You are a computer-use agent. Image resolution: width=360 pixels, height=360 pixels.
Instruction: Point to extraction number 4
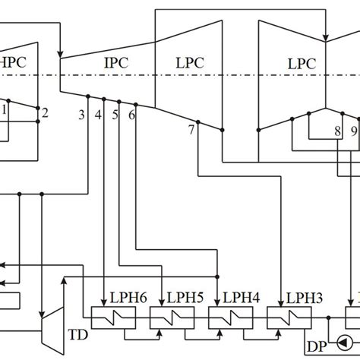click(98, 115)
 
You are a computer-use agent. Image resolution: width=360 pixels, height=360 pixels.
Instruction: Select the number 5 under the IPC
click(115, 115)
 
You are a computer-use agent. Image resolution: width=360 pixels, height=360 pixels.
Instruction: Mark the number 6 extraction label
click(132, 115)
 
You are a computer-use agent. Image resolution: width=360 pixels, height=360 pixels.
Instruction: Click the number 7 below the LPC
click(191, 131)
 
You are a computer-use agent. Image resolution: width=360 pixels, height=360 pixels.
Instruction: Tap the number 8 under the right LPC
click(336, 131)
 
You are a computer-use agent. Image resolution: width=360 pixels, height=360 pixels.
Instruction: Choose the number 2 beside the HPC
click(45, 113)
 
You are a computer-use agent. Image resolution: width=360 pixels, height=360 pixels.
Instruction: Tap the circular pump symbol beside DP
click(346, 341)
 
